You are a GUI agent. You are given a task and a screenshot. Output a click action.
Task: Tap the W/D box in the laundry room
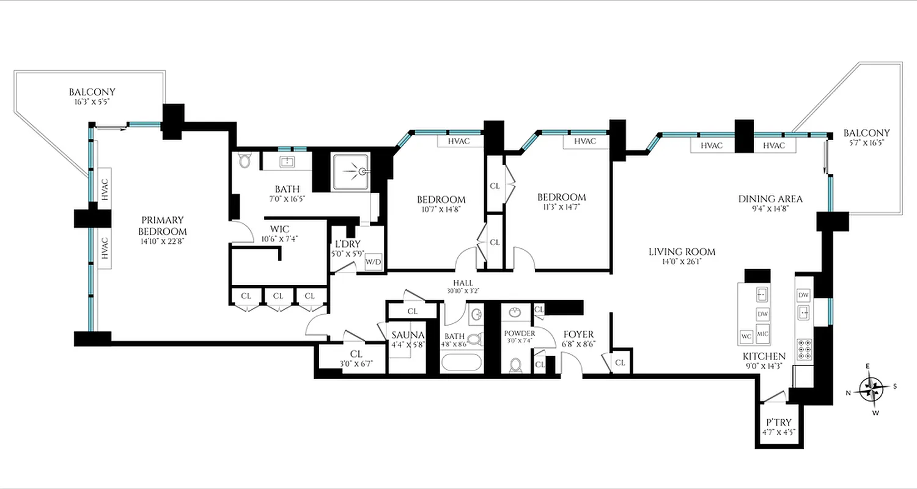(373, 262)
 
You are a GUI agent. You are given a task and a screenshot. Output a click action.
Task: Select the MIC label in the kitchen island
(762, 334)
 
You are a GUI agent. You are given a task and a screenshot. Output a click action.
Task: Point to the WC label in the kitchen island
(746, 336)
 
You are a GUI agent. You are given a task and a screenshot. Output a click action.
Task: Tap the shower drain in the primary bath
(363, 172)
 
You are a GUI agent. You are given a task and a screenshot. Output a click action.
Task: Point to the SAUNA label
(408, 336)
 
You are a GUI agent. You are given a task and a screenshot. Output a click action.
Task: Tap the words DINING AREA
(770, 199)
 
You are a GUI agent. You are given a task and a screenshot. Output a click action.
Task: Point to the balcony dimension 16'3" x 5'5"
(92, 103)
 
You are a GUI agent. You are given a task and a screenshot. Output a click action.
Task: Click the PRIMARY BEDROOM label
(162, 226)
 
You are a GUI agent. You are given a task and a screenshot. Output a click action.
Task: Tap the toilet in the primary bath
(246, 161)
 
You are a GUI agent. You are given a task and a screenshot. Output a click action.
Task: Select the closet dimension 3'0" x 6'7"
(356, 364)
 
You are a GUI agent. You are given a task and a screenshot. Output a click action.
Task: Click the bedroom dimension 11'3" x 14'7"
(561, 207)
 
